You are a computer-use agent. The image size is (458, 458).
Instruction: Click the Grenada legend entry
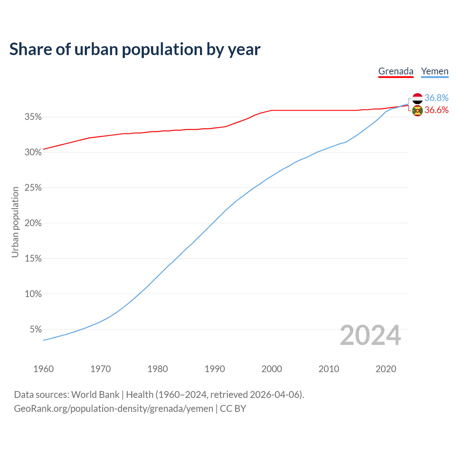click(x=396, y=71)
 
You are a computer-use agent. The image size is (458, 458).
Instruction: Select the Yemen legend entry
click(x=435, y=71)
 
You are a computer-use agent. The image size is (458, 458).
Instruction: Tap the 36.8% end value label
click(x=437, y=98)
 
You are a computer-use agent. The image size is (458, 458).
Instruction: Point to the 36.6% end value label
click(x=437, y=110)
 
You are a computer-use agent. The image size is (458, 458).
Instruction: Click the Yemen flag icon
click(x=418, y=98)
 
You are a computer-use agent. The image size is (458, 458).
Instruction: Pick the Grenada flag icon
click(x=418, y=111)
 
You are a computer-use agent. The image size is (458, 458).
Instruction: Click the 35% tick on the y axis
click(x=33, y=117)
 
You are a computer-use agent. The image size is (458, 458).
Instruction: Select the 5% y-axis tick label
click(x=36, y=329)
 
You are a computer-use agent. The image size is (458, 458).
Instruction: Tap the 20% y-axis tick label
click(x=33, y=223)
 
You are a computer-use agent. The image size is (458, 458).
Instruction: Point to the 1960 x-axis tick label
click(x=43, y=369)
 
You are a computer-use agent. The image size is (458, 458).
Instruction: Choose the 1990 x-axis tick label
click(x=215, y=369)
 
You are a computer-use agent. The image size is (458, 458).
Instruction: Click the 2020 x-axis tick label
click(x=386, y=369)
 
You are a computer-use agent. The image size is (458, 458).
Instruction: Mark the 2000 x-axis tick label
click(x=272, y=369)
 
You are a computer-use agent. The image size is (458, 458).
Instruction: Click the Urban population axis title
click(x=15, y=222)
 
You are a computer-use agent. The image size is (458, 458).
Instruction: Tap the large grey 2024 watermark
click(x=370, y=335)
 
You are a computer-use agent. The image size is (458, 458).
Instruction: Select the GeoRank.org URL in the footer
click(x=113, y=408)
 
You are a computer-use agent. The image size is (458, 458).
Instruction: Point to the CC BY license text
click(x=233, y=408)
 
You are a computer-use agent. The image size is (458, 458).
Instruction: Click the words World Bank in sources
click(x=96, y=395)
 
